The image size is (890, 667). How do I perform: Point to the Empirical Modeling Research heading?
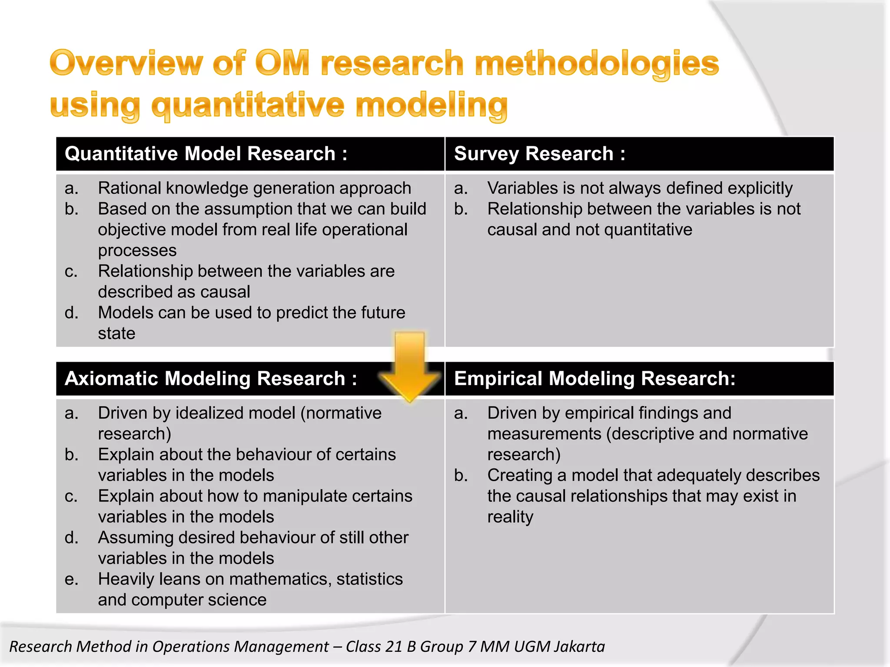594,379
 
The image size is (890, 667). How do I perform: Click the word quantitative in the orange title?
247,106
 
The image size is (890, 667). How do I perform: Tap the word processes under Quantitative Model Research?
137,251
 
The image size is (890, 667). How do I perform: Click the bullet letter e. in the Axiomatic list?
71,579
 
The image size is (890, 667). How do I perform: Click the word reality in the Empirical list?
510,517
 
